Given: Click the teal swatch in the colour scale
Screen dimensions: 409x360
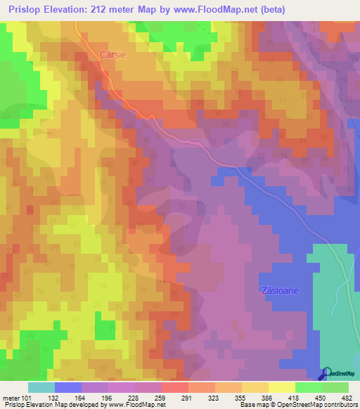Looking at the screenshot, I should coord(41,387).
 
